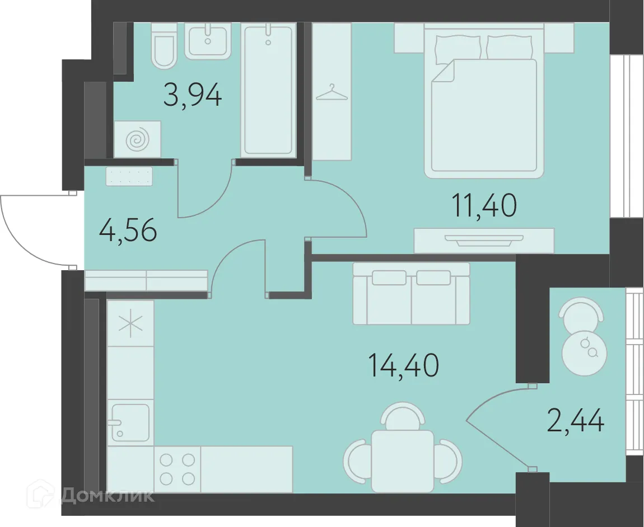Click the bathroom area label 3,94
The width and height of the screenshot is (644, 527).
[193, 95]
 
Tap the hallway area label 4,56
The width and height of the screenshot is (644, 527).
[128, 230]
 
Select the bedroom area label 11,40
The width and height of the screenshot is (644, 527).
[484, 205]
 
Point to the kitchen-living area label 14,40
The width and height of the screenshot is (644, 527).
[404, 365]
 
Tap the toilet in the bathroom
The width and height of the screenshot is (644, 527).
[165, 45]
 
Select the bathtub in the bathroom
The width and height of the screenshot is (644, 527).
[268, 90]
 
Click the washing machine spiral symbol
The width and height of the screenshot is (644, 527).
[137, 139]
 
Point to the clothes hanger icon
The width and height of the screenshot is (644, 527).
[332, 93]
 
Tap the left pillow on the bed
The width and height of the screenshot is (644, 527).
[458, 48]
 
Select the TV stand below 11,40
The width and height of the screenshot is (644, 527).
[484, 241]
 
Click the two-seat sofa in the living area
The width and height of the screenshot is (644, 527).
[411, 294]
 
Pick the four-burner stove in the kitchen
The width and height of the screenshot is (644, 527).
[177, 469]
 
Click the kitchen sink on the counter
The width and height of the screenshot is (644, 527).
[130, 422]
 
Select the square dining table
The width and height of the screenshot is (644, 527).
[402, 461]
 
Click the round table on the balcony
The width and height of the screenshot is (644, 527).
[584, 351]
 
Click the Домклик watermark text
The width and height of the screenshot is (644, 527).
[107, 496]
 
